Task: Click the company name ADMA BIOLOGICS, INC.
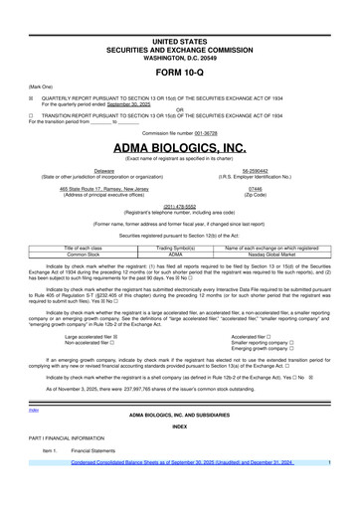pyautogui.click(x=179, y=148)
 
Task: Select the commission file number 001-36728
pyautogui.click(x=196, y=132)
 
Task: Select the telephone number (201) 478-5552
pyautogui.click(x=179, y=208)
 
